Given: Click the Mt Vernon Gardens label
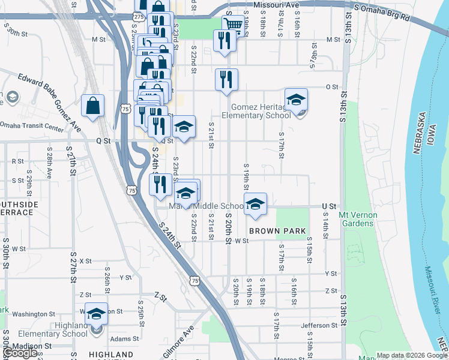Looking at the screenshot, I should [x=357, y=219].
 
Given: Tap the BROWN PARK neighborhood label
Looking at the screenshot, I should [x=277, y=231].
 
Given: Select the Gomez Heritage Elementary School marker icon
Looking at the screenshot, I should [x=296, y=101].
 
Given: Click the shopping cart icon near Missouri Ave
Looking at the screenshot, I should [x=233, y=25].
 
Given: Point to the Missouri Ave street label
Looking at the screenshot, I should [x=276, y=5].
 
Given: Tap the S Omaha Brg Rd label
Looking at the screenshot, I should [x=382, y=13].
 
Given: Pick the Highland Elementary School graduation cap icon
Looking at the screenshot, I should [x=96, y=314].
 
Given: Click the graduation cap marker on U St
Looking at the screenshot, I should [x=255, y=204].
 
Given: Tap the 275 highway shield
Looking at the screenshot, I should [x=139, y=17].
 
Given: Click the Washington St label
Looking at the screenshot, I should [x=34, y=314].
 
